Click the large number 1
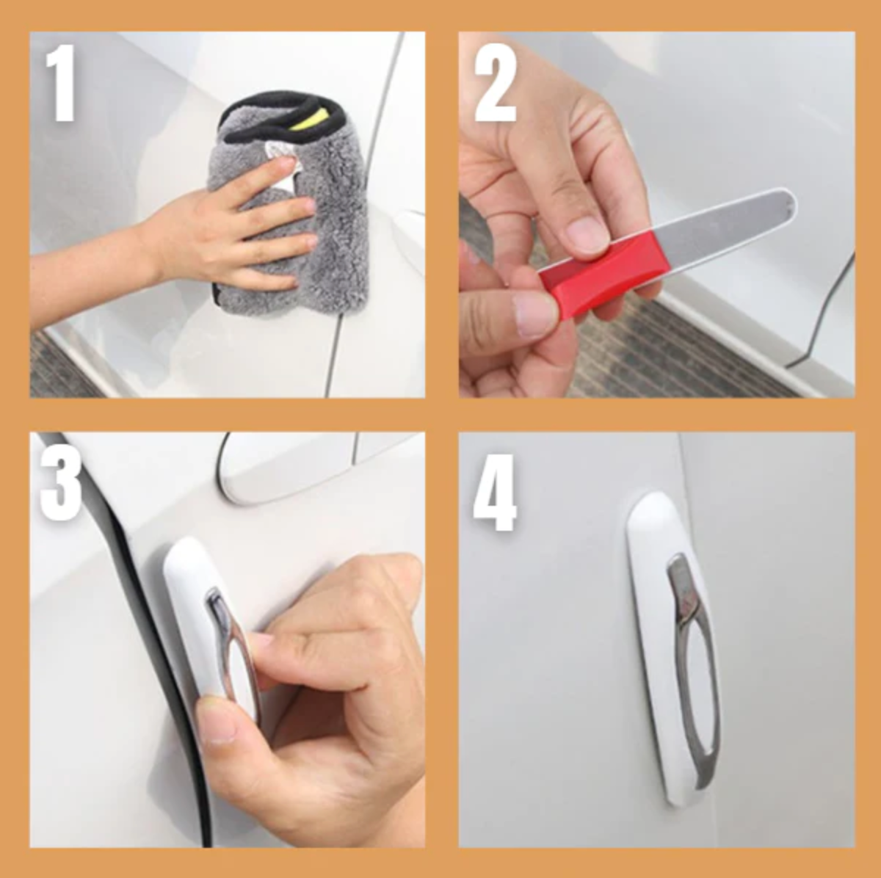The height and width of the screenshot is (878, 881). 60,83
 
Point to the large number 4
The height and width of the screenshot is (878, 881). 495,493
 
